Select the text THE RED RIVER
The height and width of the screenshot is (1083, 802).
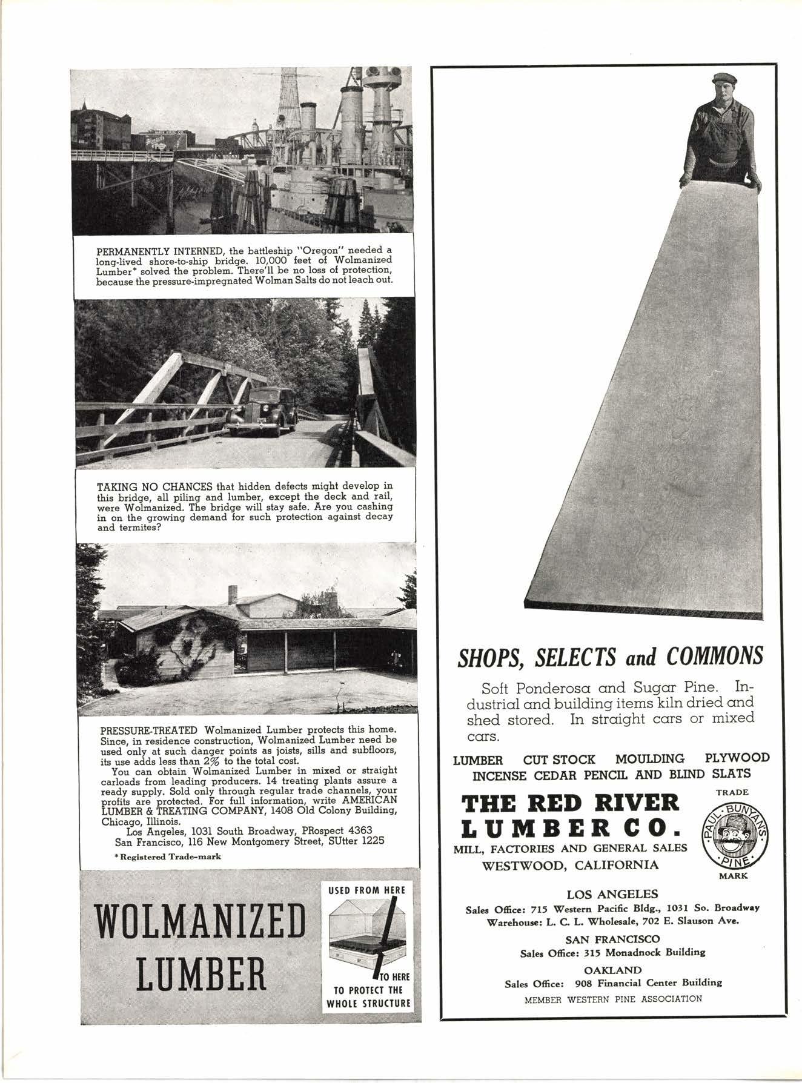(x=570, y=804)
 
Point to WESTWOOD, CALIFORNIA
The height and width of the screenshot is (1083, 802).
(x=570, y=865)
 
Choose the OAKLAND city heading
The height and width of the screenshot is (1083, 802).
(x=612, y=970)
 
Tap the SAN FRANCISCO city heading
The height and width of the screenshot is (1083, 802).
(x=612, y=939)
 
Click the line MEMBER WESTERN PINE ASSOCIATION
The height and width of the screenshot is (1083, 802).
(x=613, y=999)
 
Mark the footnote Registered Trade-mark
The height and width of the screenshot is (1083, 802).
(x=163, y=857)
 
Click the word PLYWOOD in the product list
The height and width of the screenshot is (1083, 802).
(x=737, y=758)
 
